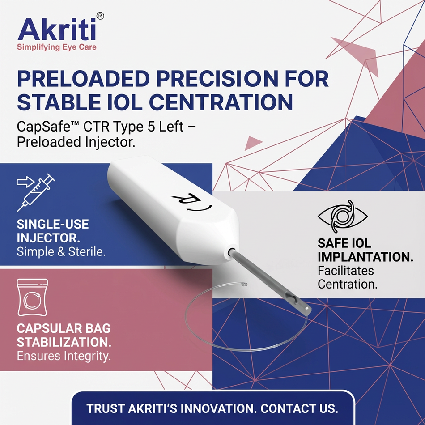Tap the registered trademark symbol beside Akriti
tap(100, 16)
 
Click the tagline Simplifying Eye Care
tap(57, 47)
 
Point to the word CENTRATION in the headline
tap(221, 102)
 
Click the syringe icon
tap(36, 193)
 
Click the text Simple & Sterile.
tap(61, 252)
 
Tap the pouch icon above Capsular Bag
tap(32, 297)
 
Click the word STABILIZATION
tap(64, 342)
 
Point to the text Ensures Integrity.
tap(64, 356)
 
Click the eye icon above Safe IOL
tap(342, 216)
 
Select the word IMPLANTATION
tap(365, 257)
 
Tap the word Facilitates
tap(345, 271)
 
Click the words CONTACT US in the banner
tap(299, 408)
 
